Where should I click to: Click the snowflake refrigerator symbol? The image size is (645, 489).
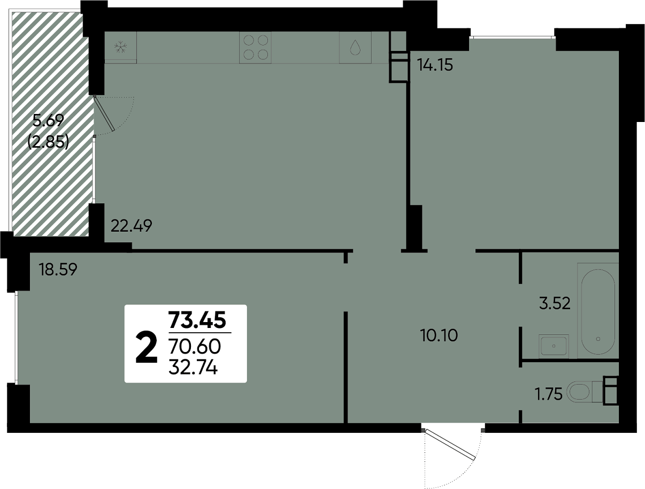[120, 47]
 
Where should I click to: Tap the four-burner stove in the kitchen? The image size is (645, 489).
[255, 47]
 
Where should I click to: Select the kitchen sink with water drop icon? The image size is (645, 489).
[355, 47]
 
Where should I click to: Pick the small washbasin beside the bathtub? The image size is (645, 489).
[554, 347]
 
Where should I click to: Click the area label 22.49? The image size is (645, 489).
[132, 226]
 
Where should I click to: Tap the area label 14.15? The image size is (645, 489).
[435, 65]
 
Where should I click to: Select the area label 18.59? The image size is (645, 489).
[58, 270]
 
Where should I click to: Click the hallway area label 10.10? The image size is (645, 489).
[439, 335]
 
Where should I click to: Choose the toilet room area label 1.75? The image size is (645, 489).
[548, 394]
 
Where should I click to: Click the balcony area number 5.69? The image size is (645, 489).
[48, 120]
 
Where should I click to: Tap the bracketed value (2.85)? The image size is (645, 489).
[48, 142]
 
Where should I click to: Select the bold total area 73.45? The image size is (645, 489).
[197, 320]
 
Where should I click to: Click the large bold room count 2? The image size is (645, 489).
[147, 347]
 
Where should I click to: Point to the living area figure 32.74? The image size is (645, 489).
[193, 368]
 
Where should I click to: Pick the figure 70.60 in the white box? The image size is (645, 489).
[195, 347]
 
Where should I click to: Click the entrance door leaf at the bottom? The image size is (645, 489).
[450, 445]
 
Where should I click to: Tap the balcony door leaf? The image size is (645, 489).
[104, 113]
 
